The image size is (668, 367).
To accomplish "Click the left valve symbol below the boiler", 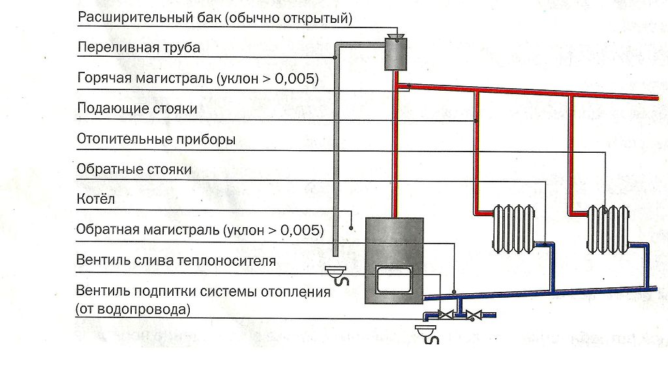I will pos(447,316).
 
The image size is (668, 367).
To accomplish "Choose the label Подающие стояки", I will pos(137,108).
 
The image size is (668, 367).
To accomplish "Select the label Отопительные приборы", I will pos(156,139).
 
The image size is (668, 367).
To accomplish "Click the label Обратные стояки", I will pos(134,169).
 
